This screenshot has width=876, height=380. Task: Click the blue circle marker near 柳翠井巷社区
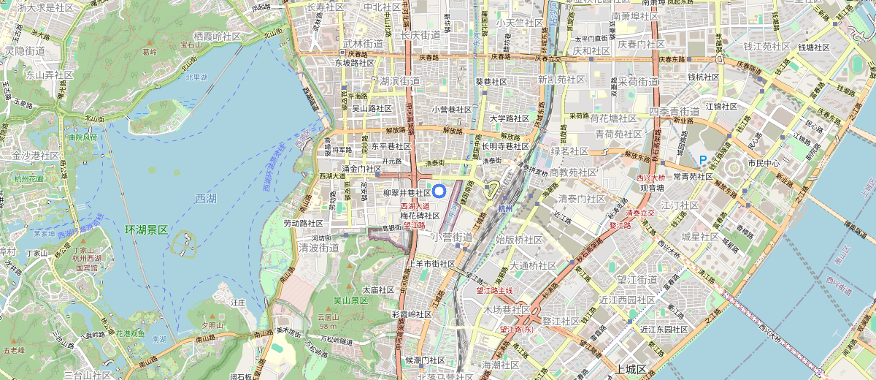pyautogui.click(x=439, y=191)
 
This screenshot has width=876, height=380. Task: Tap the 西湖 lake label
pyautogui.click(x=206, y=199)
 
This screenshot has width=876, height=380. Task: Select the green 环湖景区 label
pyautogui.click(x=147, y=230)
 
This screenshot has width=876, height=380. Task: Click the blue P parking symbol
pyautogui.click(x=703, y=160)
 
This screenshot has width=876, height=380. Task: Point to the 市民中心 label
pyautogui.click(x=764, y=163)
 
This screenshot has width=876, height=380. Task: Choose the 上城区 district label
pyautogui.click(x=631, y=370)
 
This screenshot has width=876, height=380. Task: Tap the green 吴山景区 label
pyautogui.click(x=351, y=300)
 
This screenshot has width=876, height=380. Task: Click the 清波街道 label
pyautogui.click(x=319, y=248)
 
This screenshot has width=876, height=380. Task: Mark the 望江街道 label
pyautogui.click(x=638, y=280)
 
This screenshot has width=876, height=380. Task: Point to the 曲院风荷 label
pyautogui.click(x=81, y=137)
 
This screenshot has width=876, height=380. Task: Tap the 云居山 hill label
pyautogui.click(x=328, y=317)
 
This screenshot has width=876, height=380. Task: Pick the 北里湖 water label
pyautogui.click(x=196, y=77)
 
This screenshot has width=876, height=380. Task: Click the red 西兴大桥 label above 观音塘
pyautogui.click(x=651, y=178)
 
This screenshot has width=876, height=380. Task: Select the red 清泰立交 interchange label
pyautogui.click(x=641, y=213)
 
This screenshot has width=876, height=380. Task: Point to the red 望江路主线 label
pyautogui.click(x=495, y=290)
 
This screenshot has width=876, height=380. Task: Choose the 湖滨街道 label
pyautogui.click(x=399, y=81)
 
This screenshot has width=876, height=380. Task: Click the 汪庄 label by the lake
pyautogui.click(x=237, y=301)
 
